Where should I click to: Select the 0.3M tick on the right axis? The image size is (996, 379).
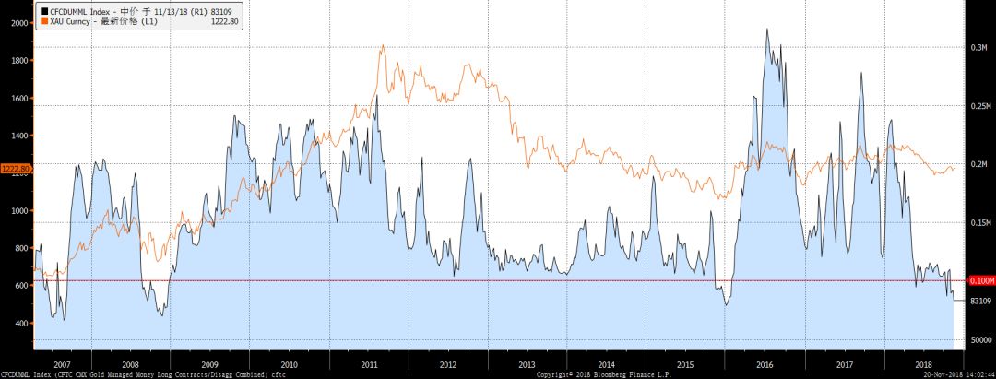[978, 46]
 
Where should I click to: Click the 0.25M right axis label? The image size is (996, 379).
[978, 106]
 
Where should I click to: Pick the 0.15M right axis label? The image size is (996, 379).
[978, 223]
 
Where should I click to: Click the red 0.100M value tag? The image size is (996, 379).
[979, 280]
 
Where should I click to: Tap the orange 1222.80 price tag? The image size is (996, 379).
[16, 169]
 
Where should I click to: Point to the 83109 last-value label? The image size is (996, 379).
[978, 301]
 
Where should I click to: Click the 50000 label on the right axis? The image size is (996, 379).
[978, 340]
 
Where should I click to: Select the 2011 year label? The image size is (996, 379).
[369, 366]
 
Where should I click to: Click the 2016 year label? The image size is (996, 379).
[765, 366]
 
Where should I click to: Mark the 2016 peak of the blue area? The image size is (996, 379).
[767, 30]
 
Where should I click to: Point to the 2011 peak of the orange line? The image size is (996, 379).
[382, 45]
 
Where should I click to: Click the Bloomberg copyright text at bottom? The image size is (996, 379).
[603, 374]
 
